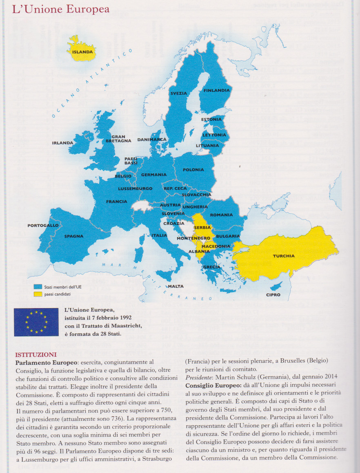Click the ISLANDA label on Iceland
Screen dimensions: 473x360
pos(83,52)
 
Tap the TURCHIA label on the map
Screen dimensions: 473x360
pos(284,256)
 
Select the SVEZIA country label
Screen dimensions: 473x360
pos(179,93)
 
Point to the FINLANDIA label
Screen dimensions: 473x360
pos(217,90)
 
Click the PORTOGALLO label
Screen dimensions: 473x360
pos(43,225)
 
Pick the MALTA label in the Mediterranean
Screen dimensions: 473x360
pos(176,286)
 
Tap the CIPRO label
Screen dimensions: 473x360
pos(273,295)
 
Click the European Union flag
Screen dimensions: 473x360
pos(36,322)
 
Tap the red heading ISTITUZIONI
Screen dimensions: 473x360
pos(36,354)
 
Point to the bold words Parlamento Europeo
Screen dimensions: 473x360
pos(46,362)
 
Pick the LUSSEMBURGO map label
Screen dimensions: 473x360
pos(135,189)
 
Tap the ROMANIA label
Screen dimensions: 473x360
pos(221,215)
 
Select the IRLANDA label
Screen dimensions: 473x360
pos(62,143)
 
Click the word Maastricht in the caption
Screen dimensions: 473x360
pos(123,325)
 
